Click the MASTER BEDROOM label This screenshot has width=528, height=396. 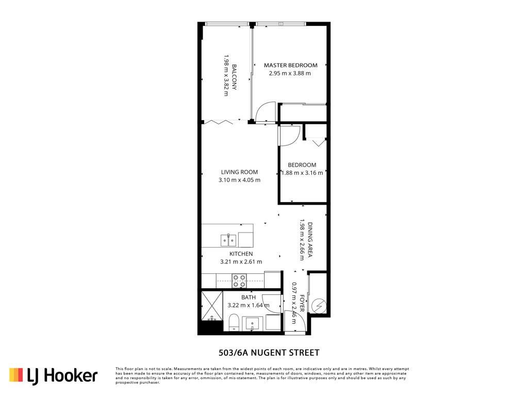tap(290, 65)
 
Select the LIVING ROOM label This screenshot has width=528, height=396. tap(239, 172)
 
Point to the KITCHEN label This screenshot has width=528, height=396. tap(241, 254)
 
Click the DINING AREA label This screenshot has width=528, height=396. tap(310, 240)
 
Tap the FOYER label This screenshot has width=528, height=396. tap(302, 303)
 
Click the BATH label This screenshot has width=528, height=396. tap(249, 298)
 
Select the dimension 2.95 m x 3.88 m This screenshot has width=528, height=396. tap(290, 73)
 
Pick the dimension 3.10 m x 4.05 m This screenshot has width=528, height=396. tap(239, 180)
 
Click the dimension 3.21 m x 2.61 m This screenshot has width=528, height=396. tap(241, 261)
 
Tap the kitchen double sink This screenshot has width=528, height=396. tap(228, 240)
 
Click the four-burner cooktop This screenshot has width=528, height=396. tap(239, 281)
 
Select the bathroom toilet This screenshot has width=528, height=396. tap(234, 322)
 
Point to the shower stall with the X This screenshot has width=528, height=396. tap(212, 306)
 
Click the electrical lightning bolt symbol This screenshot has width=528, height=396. tap(319, 306)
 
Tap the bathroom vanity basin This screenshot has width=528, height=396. tap(252, 324)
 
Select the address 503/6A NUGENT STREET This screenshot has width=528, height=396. tap(269, 353)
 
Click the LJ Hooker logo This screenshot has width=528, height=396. tap(53, 375)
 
